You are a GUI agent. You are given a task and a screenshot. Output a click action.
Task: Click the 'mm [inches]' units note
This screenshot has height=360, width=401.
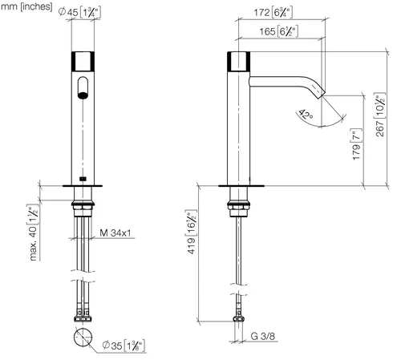26,6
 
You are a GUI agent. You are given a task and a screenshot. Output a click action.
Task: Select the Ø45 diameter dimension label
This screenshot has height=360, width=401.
79,12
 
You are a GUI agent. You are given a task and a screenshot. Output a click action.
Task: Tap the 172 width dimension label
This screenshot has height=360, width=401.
273,12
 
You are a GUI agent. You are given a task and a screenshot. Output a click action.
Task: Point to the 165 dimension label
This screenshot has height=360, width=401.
278,31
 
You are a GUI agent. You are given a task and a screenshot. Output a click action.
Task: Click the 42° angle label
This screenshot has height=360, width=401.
306,114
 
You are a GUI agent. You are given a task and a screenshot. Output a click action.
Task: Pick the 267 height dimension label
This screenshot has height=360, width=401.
380,115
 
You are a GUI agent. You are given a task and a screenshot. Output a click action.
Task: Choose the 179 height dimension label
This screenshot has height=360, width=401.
357,144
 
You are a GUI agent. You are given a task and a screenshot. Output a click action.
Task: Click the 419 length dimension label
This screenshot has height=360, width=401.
191,232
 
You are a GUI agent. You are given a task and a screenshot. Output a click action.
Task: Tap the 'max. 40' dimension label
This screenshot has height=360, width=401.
33,233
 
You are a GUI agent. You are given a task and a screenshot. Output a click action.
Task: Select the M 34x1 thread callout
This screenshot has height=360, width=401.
115,233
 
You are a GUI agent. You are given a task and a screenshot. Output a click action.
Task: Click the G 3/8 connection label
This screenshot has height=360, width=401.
263,336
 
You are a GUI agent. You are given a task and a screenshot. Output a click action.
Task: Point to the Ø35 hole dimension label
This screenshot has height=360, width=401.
124,346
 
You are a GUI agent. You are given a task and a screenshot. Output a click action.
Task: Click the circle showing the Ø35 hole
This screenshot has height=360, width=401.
83,338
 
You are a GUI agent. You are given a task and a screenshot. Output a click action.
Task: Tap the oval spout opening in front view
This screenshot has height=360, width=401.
83,87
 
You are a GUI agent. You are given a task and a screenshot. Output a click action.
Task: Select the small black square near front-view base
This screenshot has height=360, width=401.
83,179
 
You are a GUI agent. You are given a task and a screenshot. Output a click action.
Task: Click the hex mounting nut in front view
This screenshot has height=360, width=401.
83,206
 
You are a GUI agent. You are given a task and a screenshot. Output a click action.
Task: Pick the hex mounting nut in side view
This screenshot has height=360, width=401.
239,206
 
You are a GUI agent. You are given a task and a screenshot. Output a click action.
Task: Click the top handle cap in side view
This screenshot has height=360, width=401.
239,61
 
